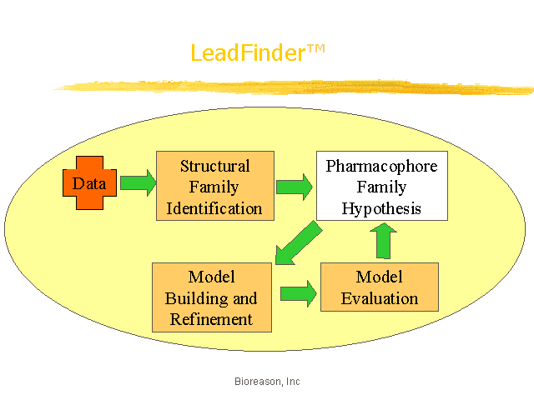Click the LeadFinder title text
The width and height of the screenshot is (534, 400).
pyautogui.click(x=258, y=52)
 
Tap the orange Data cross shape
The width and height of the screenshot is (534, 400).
pyautogui.click(x=89, y=183)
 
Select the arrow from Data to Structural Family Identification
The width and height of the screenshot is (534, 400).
pyautogui.click(x=139, y=182)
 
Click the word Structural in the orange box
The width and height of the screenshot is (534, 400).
pyautogui.click(x=215, y=166)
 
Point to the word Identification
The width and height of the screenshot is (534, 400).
pyautogui.click(x=214, y=208)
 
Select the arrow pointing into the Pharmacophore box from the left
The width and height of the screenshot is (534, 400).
pyautogui.click(x=295, y=187)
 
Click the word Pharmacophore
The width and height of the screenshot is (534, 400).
pyautogui.click(x=382, y=167)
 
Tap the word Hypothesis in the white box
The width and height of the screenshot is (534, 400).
pyautogui.click(x=381, y=208)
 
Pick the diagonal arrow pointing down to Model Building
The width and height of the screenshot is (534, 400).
pyautogui.click(x=299, y=242)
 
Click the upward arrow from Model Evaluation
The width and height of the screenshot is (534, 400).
pyautogui.click(x=384, y=241)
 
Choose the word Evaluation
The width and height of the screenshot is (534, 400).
pyautogui.click(x=380, y=298)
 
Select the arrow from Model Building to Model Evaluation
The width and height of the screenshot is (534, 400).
pyautogui.click(x=299, y=293)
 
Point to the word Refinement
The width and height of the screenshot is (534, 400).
pyautogui.click(x=211, y=319)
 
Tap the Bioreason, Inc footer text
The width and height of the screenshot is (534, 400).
pyautogui.click(x=267, y=382)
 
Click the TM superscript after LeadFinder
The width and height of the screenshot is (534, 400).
pyautogui.click(x=316, y=49)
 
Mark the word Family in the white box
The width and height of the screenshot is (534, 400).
pyautogui.click(x=381, y=187)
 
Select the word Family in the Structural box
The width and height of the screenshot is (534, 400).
pyautogui.click(x=214, y=187)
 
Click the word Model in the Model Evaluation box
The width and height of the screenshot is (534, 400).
pyautogui.click(x=379, y=277)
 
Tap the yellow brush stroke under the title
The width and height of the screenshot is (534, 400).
pyautogui.click(x=294, y=87)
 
